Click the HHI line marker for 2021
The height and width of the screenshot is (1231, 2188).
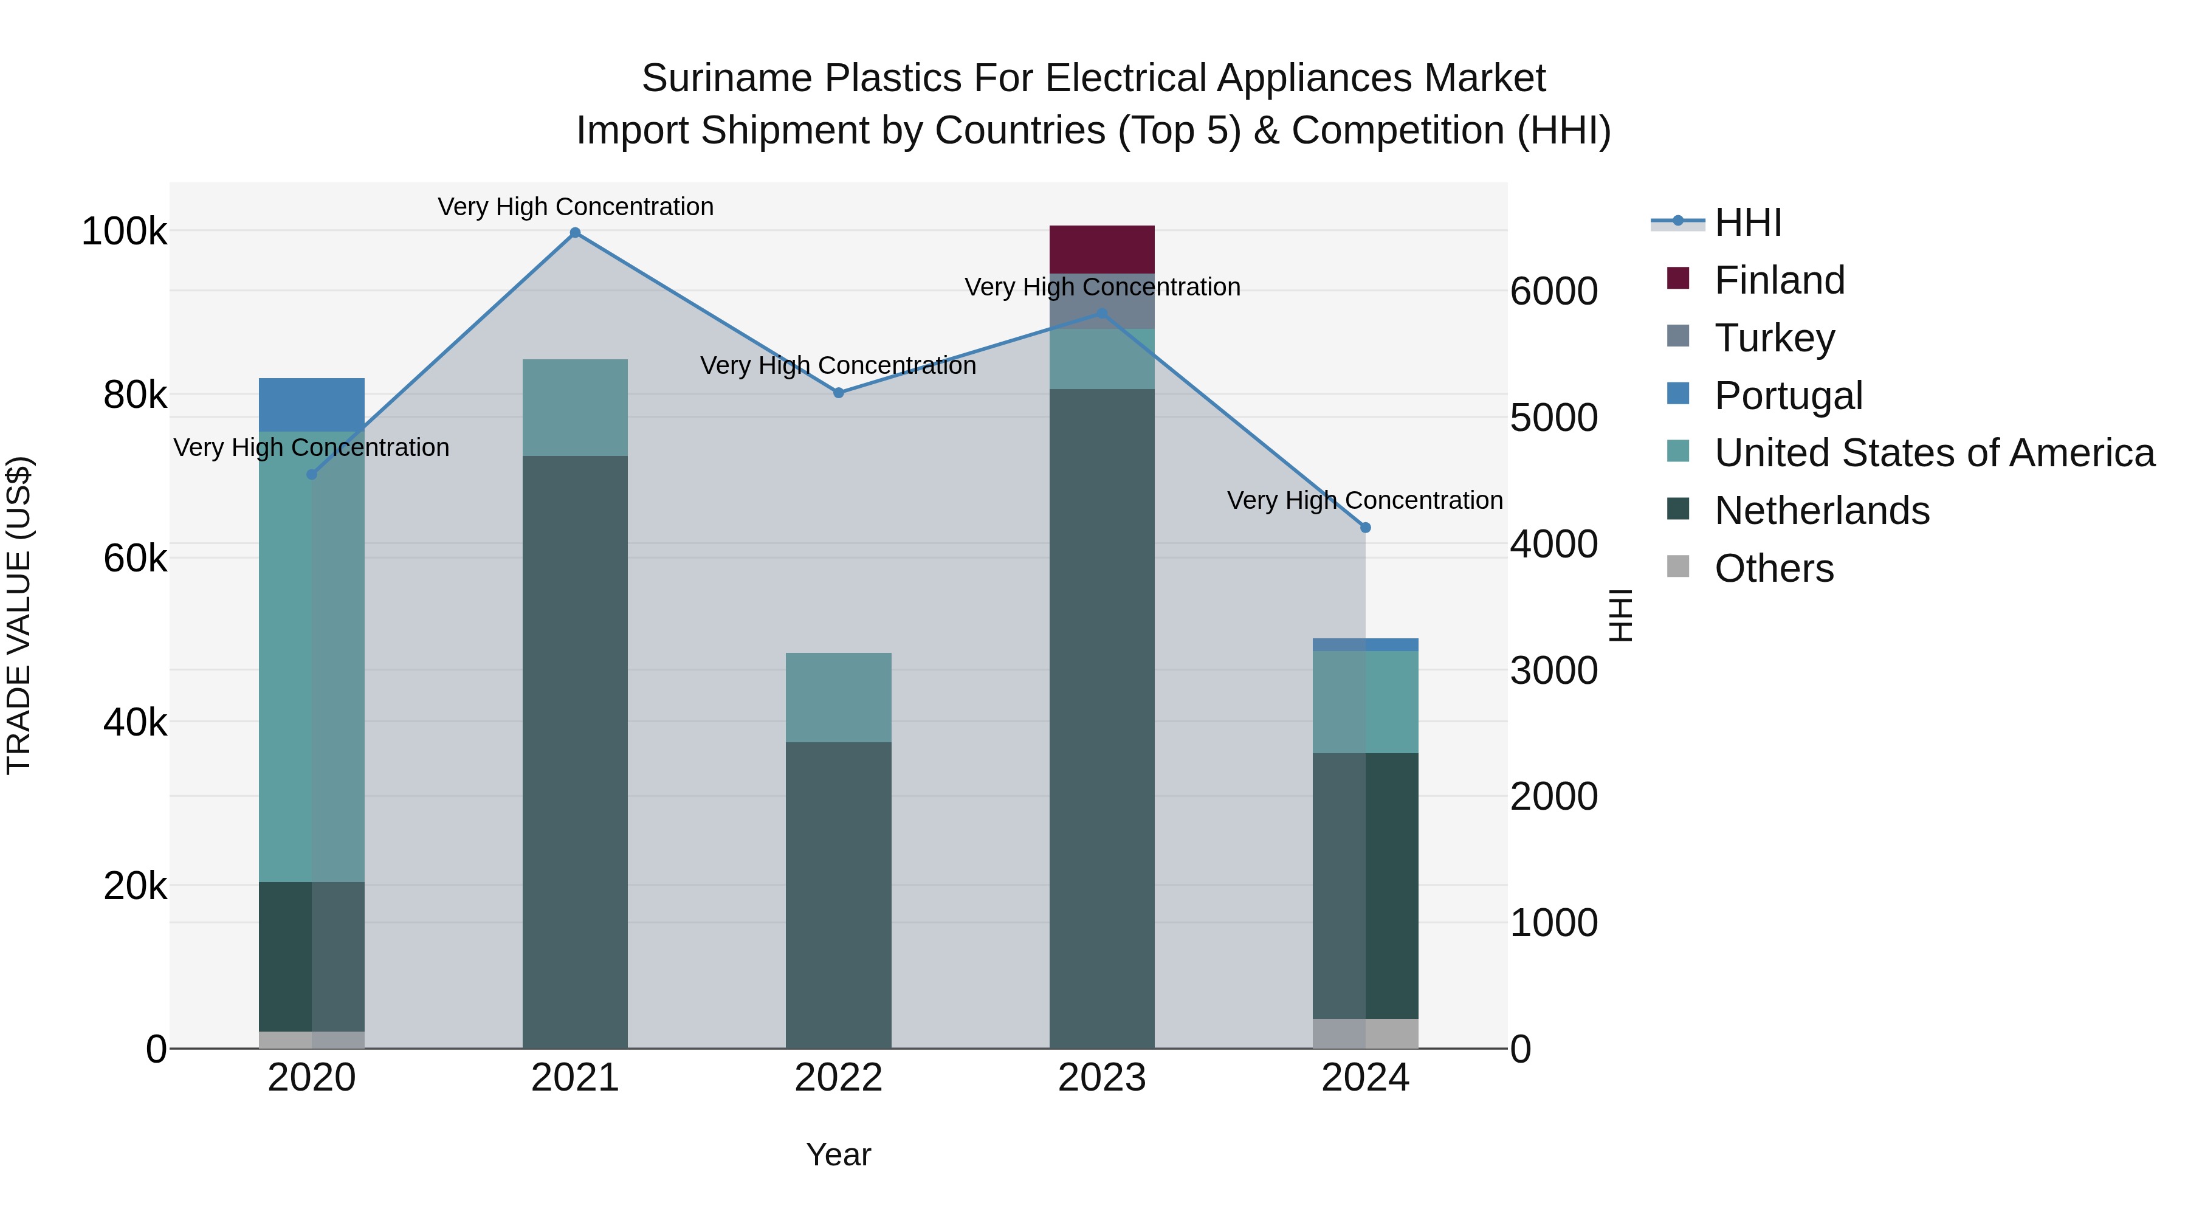575,233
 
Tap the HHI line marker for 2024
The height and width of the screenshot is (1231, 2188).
1365,528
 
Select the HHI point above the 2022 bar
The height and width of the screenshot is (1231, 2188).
838,393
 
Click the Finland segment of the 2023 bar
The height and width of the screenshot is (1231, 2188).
1102,249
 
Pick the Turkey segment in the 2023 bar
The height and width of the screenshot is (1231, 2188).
1102,299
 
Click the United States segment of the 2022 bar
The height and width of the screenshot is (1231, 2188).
838,697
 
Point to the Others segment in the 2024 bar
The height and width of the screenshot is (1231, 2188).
1365,1032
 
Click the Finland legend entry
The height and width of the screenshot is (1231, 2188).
1780,280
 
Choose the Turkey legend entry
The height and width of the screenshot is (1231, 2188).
1774,338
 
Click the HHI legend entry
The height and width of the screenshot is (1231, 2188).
1748,222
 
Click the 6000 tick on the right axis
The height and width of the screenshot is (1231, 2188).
1553,291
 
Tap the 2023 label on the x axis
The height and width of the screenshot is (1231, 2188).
1102,1078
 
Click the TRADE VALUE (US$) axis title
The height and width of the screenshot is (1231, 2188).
19,615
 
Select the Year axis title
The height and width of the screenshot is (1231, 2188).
838,1154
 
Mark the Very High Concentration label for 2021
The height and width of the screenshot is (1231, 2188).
575,207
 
